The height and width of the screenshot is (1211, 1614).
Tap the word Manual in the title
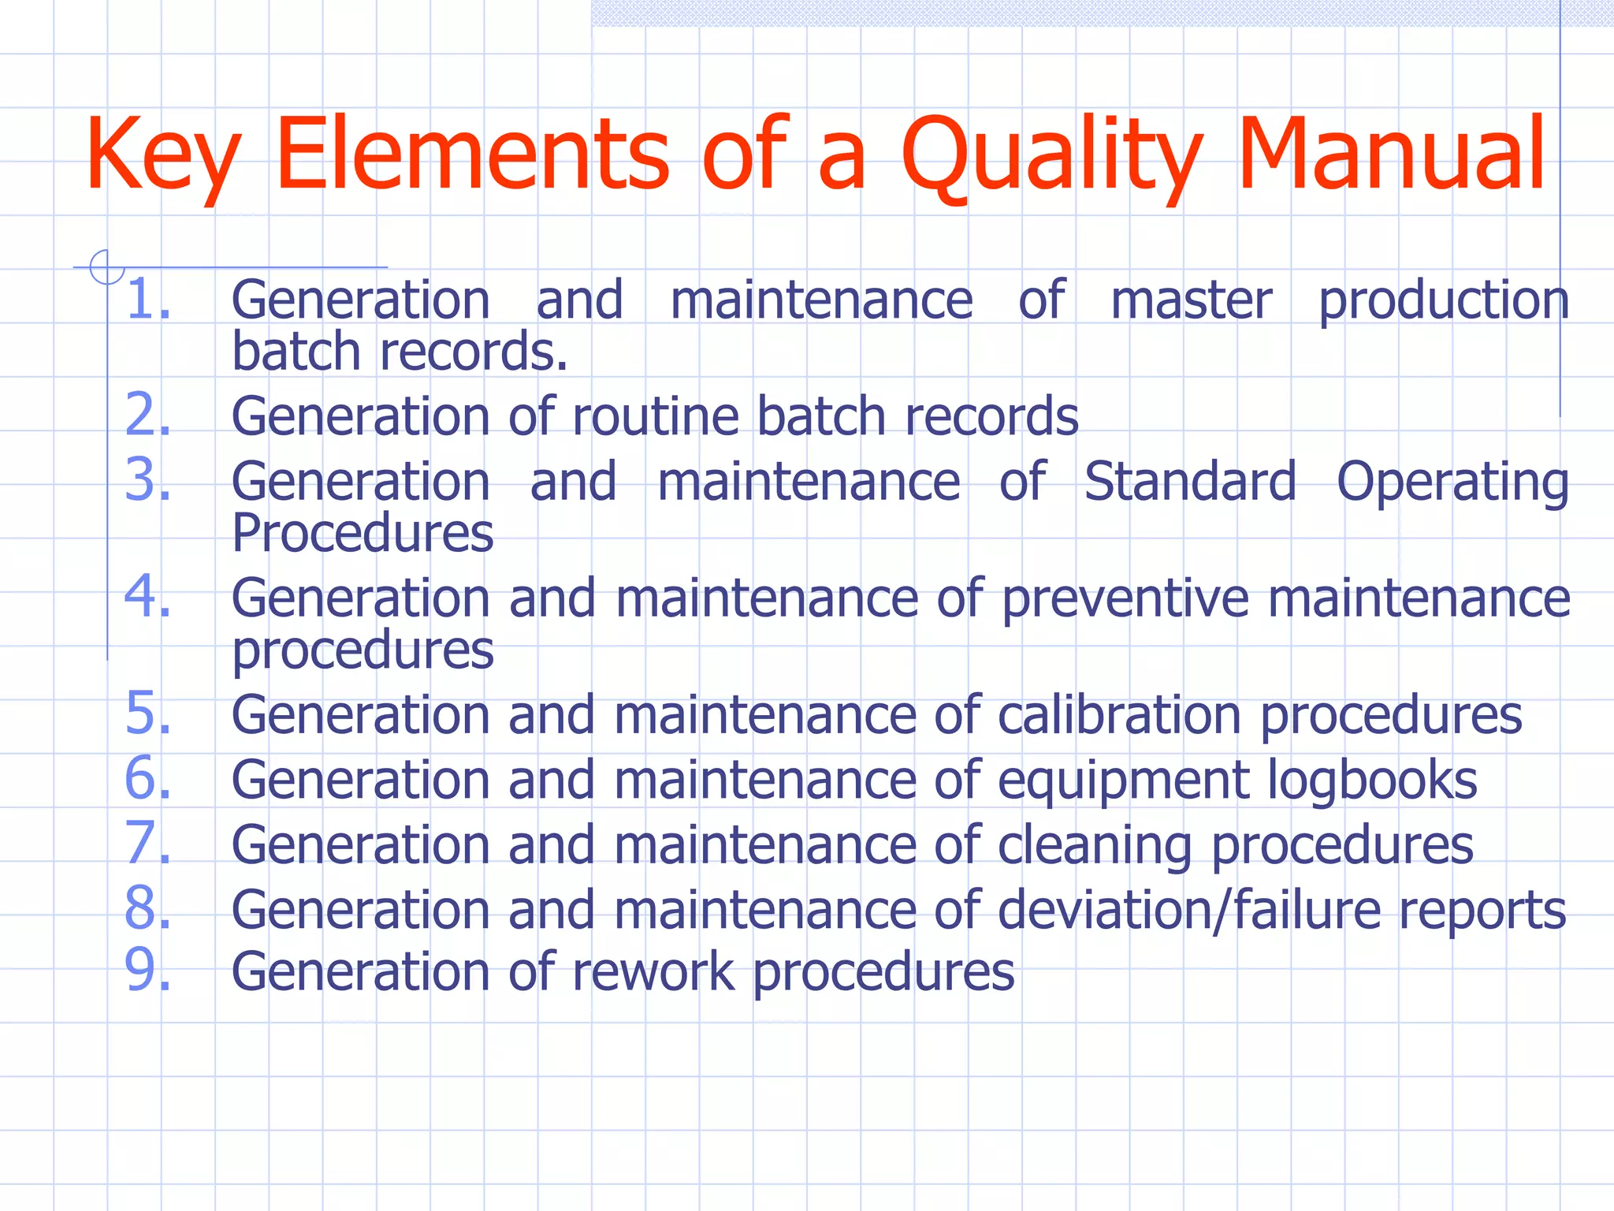coord(1391,153)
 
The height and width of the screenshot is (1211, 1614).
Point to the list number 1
coord(148,300)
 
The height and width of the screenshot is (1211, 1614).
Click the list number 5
coord(148,714)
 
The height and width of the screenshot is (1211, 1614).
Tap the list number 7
coord(148,844)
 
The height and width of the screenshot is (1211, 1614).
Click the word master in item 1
coord(1191,300)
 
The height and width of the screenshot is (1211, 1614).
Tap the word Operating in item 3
coord(1452,483)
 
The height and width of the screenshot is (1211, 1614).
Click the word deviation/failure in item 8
coord(1188,910)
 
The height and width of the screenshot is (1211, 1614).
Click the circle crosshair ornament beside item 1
coord(106,266)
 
